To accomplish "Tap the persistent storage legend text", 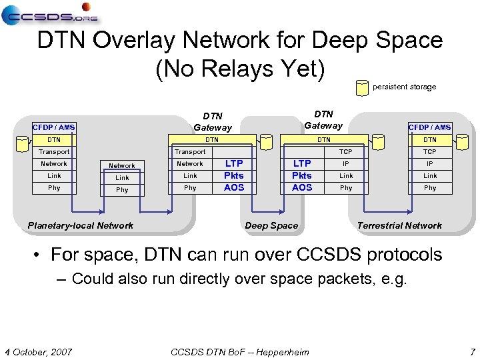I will pyautogui.click(x=404, y=87).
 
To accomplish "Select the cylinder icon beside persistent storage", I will pyautogui.click(x=362, y=87).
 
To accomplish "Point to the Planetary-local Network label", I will pyautogui.click(x=81, y=225).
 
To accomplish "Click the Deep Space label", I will pyautogui.click(x=271, y=225).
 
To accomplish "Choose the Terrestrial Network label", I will pyautogui.click(x=399, y=225).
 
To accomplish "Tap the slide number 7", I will pyautogui.click(x=472, y=351).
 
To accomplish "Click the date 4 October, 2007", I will pyautogui.click(x=39, y=351).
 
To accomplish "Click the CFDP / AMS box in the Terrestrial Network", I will pyautogui.click(x=429, y=127).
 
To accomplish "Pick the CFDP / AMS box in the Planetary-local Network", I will pyautogui.click(x=54, y=127).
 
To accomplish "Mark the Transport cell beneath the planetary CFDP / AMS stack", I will pyautogui.click(x=54, y=152).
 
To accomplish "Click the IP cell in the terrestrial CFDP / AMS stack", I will pyautogui.click(x=430, y=163).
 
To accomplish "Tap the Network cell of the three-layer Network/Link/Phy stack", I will pyautogui.click(x=122, y=166).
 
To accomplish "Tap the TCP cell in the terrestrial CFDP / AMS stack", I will pyautogui.click(x=430, y=152).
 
